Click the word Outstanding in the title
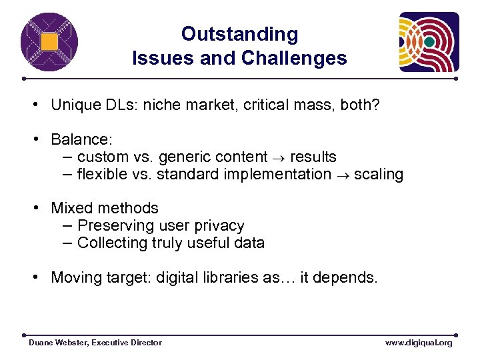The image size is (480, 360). (239, 34)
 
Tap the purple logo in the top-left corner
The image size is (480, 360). (48, 41)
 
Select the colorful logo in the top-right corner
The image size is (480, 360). (429, 42)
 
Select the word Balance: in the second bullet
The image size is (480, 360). (82, 139)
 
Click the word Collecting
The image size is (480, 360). (111, 243)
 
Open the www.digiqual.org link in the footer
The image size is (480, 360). (419, 343)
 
